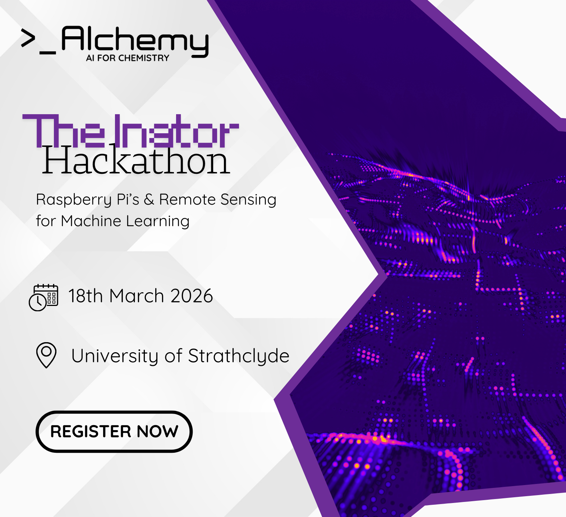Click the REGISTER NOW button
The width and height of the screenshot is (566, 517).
tap(114, 431)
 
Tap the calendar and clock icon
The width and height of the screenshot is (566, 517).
tap(43, 298)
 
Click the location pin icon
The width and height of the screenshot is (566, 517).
tap(46, 355)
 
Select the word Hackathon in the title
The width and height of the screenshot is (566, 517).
tap(136, 160)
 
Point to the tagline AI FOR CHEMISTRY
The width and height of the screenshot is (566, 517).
tap(128, 58)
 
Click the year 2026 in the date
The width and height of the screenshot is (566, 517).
tap(192, 296)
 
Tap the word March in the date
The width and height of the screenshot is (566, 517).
tap(137, 296)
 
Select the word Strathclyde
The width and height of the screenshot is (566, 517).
tap(239, 356)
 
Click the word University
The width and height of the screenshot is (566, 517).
tap(115, 356)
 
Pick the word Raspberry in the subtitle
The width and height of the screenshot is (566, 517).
tap(74, 200)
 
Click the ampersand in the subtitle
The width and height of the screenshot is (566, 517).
tap(149, 200)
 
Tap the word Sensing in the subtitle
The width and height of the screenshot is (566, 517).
tap(248, 200)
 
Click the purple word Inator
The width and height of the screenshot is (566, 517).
tap(176, 131)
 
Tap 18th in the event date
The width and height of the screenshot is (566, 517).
tap(86, 296)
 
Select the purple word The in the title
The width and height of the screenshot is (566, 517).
tap(64, 131)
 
